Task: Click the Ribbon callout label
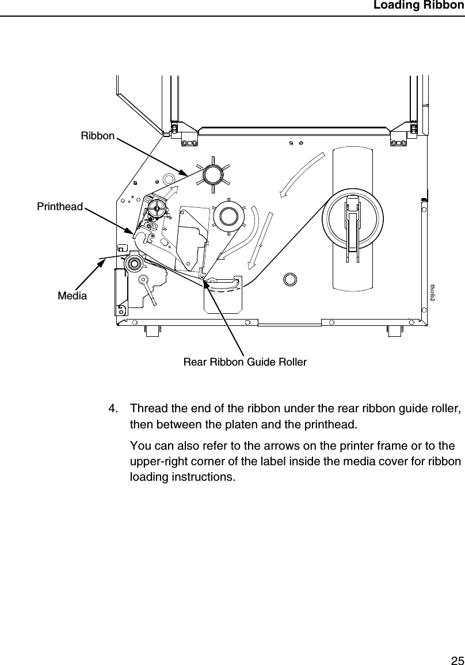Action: pos(98,136)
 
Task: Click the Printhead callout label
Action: pos(60,206)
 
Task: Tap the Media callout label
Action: pos(73,296)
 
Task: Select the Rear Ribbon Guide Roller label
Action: pos(245,362)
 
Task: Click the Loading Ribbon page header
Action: pos(418,6)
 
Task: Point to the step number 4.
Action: pos(114,409)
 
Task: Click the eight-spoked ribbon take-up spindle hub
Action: pos(212,172)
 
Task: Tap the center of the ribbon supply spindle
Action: pos(228,215)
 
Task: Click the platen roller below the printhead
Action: pos(134,264)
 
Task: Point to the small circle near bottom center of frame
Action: pos(290,279)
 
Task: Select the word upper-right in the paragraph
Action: pos(158,462)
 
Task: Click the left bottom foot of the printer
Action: pos(152,331)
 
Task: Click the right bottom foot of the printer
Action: pos(394,331)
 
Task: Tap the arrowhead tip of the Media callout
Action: pos(105,261)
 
